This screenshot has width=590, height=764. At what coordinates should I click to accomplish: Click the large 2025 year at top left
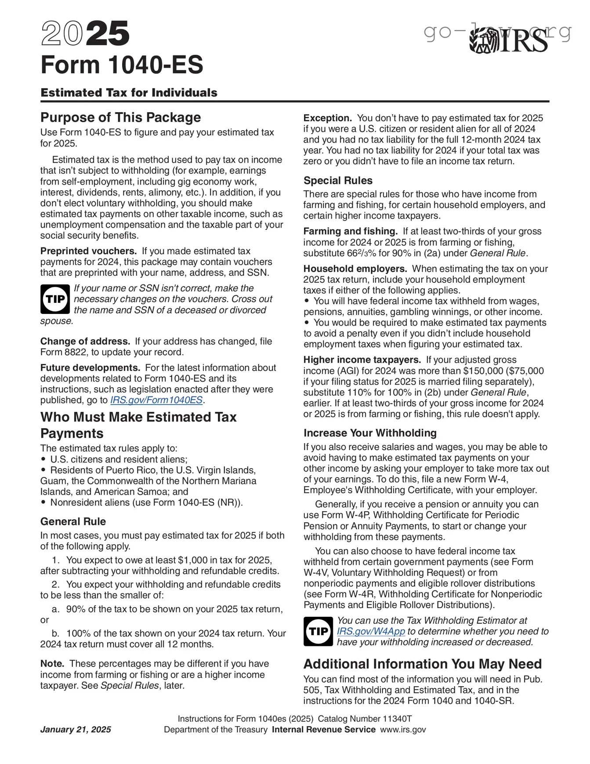85,34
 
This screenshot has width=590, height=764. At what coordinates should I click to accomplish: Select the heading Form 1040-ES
122,65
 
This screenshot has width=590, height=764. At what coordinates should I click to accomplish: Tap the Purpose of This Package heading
120,117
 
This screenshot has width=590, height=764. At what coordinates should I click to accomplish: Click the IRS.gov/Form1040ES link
156,400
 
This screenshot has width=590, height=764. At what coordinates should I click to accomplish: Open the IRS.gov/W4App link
371,631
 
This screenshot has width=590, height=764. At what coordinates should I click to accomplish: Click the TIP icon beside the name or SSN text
55,299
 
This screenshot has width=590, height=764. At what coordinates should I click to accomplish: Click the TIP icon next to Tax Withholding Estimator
318,631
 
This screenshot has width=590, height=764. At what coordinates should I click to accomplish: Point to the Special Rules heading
338,181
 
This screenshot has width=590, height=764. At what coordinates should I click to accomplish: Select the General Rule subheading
73,522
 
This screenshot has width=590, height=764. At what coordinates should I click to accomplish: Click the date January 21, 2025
76,730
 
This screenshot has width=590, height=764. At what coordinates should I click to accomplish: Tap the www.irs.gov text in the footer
403,730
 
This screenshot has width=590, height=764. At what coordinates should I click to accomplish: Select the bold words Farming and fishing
350,231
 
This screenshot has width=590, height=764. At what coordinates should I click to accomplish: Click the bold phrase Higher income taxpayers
362,360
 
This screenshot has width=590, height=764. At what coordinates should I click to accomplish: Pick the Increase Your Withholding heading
370,433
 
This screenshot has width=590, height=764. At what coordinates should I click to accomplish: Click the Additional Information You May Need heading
422,664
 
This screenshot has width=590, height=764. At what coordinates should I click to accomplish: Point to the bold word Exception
327,118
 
